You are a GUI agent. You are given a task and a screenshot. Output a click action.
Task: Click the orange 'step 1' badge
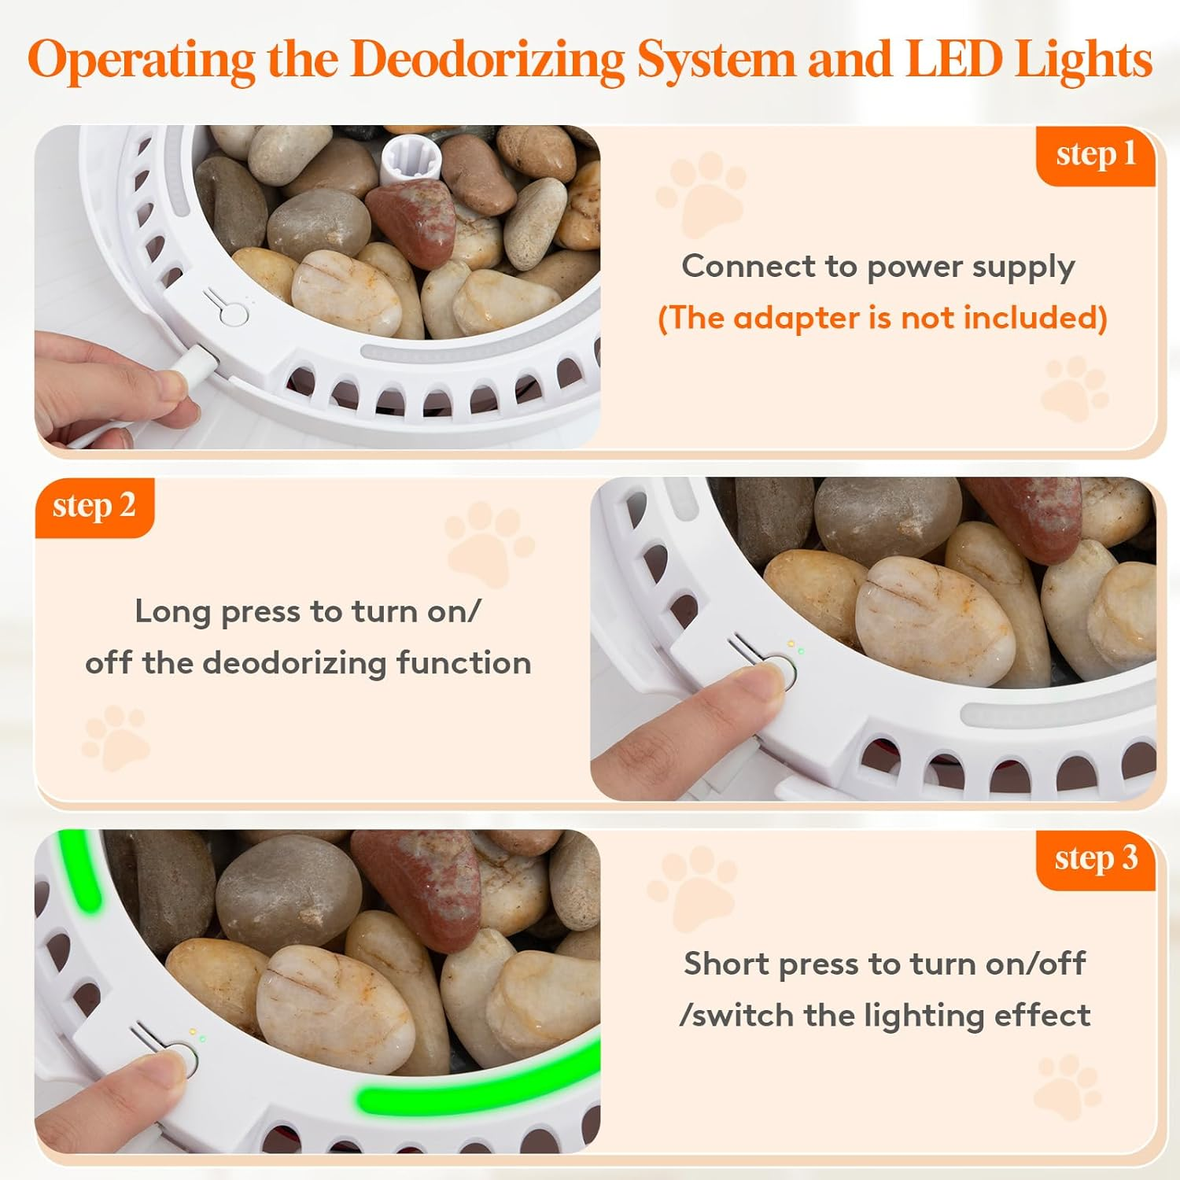pos(1096,156)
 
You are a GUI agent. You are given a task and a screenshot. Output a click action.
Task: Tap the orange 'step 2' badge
pos(94,507)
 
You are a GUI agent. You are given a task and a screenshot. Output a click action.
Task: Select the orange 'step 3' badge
pos(1096,860)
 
